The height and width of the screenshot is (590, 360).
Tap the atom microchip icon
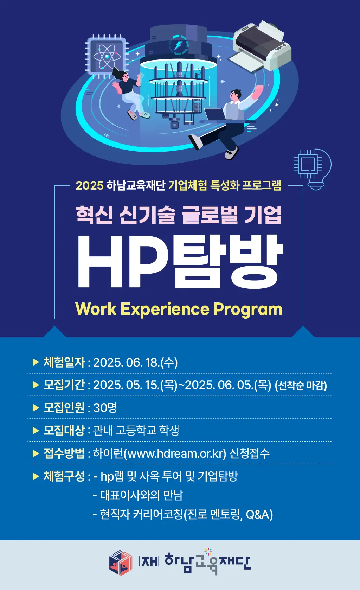107,56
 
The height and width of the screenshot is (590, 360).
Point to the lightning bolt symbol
178,45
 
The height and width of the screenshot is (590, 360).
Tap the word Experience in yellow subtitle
165,309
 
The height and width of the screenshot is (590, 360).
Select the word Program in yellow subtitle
248,309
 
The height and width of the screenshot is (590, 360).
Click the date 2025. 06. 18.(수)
135,362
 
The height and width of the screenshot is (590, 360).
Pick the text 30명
105,408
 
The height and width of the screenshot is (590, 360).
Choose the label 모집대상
64,430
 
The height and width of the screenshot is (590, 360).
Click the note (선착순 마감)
301,386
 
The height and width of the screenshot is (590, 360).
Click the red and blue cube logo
121,563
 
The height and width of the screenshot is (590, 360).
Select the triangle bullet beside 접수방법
36,453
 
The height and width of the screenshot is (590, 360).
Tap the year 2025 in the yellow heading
90,185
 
